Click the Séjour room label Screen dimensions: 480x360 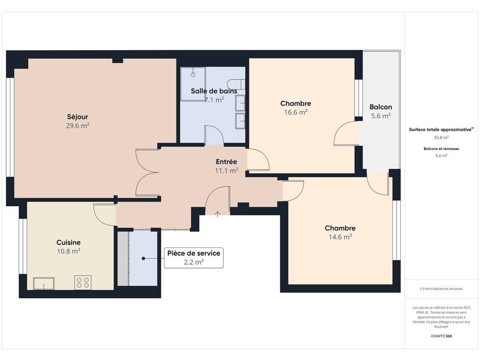pos(77,117)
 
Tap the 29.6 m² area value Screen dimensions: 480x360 pos(77,126)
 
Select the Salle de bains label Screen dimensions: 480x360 pos(214,91)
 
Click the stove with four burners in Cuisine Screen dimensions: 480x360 pos(82,282)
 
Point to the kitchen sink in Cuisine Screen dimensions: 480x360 pos(44,283)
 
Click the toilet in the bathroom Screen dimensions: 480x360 pos(236,84)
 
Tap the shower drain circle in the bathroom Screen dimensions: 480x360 pos(193,75)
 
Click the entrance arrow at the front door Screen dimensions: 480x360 pos(217,214)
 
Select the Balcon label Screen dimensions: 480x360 pos(381,107)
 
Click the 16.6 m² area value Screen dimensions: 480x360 pos(296,112)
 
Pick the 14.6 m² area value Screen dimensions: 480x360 pos(340,237)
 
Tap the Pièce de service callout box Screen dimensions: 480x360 pos(194,258)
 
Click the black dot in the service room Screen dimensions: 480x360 pos(143,258)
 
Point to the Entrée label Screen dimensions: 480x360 pos(226,162)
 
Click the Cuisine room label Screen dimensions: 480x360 pos(68,242)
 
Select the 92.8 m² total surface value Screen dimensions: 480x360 pos(441,137)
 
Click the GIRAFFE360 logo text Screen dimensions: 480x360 pos(442,336)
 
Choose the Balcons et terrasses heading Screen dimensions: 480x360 pos(442,149)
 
